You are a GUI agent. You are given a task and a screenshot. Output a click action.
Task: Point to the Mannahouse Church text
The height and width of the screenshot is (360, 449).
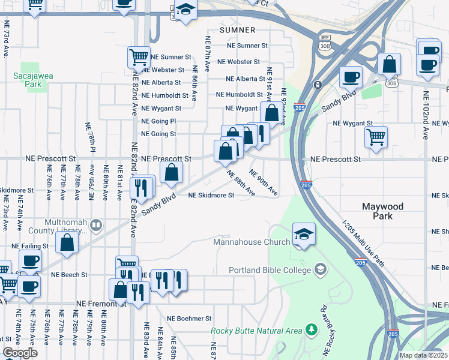tap(252, 242)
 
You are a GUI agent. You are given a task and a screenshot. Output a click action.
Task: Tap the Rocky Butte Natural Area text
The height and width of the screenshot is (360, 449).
tap(257, 330)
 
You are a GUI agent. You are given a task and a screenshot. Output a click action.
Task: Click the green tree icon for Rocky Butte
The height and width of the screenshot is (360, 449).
tap(311, 329)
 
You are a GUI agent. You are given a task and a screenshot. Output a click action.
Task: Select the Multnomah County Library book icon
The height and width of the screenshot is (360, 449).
tap(96, 225)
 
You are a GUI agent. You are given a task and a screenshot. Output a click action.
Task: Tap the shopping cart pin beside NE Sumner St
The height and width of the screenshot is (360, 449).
tap(139, 58)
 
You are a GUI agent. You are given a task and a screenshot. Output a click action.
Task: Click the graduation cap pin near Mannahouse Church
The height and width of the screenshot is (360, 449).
tap(304, 234)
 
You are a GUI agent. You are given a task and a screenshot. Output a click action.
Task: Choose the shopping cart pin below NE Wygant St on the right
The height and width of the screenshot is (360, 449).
tap(376, 137)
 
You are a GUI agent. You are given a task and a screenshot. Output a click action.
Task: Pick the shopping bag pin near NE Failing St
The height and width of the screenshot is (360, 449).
tap(67, 243)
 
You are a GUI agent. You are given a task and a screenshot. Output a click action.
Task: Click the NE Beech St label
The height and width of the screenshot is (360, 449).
tap(70, 275)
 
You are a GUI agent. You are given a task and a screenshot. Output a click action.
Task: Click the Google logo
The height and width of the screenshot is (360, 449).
tap(20, 353)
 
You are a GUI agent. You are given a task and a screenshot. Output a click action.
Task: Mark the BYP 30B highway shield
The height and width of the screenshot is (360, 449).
tap(324, 41)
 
